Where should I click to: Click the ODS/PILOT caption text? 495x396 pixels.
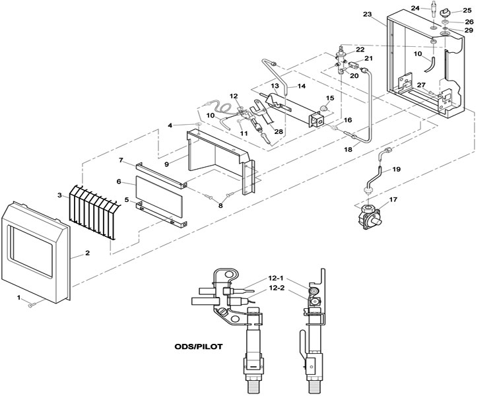(x=199, y=346)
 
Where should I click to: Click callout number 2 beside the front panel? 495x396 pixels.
(x=87, y=253)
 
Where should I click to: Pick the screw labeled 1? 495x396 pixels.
(x=32, y=305)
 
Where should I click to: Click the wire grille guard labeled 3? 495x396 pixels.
(x=94, y=213)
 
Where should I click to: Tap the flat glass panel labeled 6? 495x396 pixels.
(x=160, y=197)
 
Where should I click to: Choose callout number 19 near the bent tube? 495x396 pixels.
(x=397, y=169)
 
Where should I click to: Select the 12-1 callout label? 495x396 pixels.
(x=277, y=279)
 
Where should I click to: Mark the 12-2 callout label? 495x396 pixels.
(x=277, y=288)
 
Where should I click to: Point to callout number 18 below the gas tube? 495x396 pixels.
(x=348, y=150)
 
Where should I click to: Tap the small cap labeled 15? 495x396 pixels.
(x=323, y=109)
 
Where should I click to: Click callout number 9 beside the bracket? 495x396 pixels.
(x=167, y=164)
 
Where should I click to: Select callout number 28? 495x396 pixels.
(x=279, y=132)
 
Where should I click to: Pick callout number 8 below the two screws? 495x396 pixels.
(x=220, y=205)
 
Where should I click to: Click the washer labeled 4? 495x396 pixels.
(x=198, y=123)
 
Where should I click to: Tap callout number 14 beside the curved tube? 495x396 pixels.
(x=302, y=86)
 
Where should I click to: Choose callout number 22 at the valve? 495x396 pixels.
(x=360, y=49)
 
